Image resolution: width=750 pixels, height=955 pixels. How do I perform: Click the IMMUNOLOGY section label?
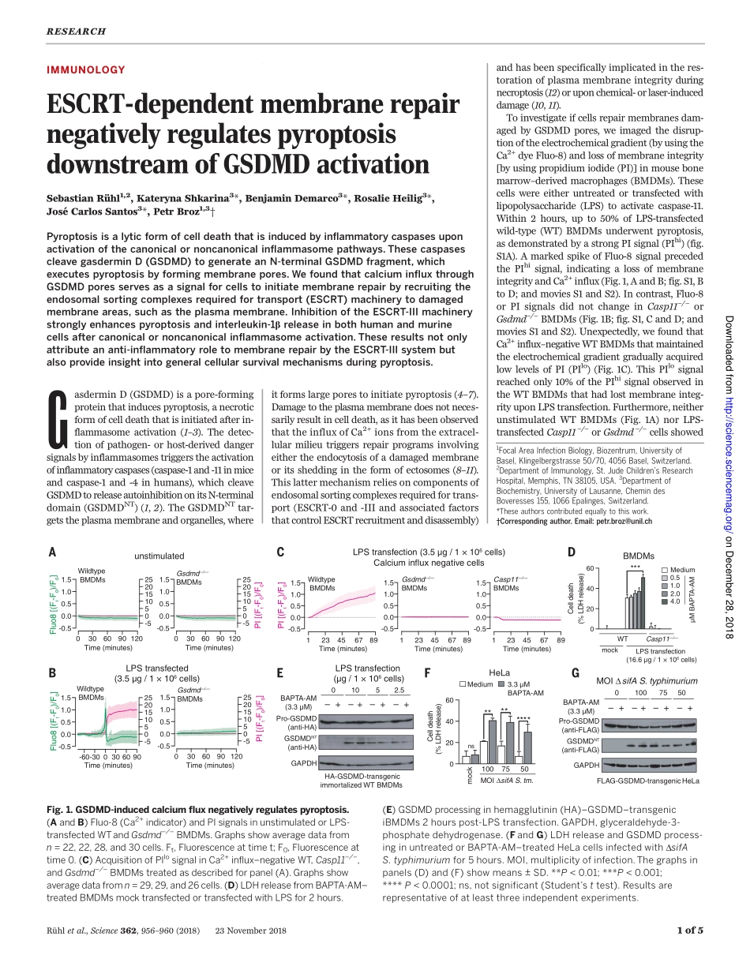(x=86, y=69)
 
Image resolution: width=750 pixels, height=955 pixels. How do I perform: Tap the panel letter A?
(x=52, y=552)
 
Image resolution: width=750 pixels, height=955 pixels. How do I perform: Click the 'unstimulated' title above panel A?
(x=159, y=556)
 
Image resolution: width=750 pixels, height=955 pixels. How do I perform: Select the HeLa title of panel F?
(x=499, y=649)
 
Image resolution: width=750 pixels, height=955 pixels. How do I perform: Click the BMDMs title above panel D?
(x=638, y=556)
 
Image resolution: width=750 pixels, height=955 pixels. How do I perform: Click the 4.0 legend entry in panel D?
(x=675, y=601)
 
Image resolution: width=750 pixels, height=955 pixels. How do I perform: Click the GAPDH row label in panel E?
(x=303, y=763)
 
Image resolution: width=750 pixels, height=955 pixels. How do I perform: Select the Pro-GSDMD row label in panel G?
(x=579, y=721)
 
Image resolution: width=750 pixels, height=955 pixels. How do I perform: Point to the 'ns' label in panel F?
(x=471, y=745)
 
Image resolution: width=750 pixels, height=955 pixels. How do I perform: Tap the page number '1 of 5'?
(x=689, y=930)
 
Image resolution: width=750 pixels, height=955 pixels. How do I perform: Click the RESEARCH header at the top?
(x=76, y=32)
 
